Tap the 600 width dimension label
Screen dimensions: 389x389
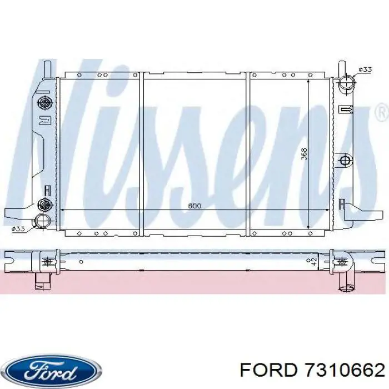[194, 206]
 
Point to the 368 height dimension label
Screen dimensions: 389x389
[303, 153]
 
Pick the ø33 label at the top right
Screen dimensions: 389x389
[365, 69]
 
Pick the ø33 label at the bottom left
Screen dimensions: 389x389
[18, 228]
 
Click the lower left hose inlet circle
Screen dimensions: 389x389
[41, 221]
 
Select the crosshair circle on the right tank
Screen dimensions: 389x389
[345, 161]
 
